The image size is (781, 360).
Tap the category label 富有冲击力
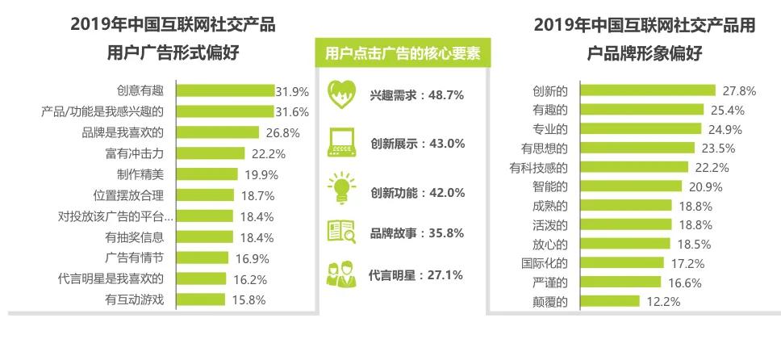click(x=135, y=153)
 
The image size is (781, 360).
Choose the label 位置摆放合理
click(x=128, y=195)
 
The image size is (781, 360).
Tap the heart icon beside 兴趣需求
click(x=341, y=94)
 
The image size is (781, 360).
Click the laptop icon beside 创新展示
click(x=341, y=142)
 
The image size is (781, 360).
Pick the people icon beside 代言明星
click(x=341, y=274)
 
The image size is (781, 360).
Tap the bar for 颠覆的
click(x=610, y=302)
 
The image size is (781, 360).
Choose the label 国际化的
click(x=545, y=263)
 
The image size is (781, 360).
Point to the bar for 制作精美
click(x=207, y=174)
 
